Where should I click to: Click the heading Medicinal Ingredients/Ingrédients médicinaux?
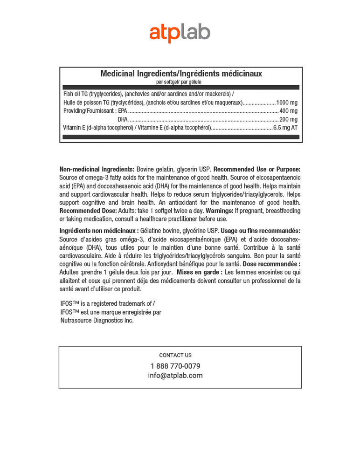181,74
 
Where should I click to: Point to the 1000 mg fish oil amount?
287,103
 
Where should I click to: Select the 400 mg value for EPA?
288,111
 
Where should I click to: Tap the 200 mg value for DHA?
288,119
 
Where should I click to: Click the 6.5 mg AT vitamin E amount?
285,128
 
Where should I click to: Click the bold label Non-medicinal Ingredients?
97,169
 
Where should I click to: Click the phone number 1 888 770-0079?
175,366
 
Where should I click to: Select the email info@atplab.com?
175,376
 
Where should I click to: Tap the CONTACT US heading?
175,355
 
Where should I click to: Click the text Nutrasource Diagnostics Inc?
97,321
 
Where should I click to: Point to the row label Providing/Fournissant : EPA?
95,111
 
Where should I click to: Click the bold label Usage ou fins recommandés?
261,231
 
